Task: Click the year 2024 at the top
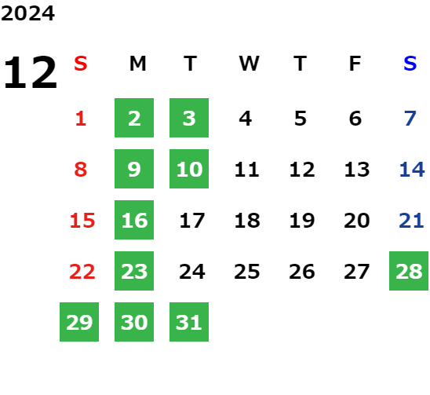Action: click(27, 13)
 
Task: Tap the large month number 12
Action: click(31, 72)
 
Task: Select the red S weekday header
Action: click(81, 64)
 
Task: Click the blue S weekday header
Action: click(410, 64)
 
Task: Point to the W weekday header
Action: click(249, 64)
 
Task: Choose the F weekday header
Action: click(355, 64)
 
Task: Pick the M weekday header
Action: click(137, 64)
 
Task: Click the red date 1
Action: click(81, 119)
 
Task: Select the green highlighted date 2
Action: click(134, 118)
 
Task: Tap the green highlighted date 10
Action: click(189, 169)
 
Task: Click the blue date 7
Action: click(410, 119)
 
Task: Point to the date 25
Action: click(247, 272)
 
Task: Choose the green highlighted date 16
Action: click(134, 220)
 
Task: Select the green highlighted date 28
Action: click(409, 271)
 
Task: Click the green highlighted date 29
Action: click(79, 322)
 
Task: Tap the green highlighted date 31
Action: click(189, 322)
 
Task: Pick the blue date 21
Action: click(411, 221)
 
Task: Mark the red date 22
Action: click(82, 272)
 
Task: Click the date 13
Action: click(357, 170)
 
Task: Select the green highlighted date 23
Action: click(134, 271)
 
